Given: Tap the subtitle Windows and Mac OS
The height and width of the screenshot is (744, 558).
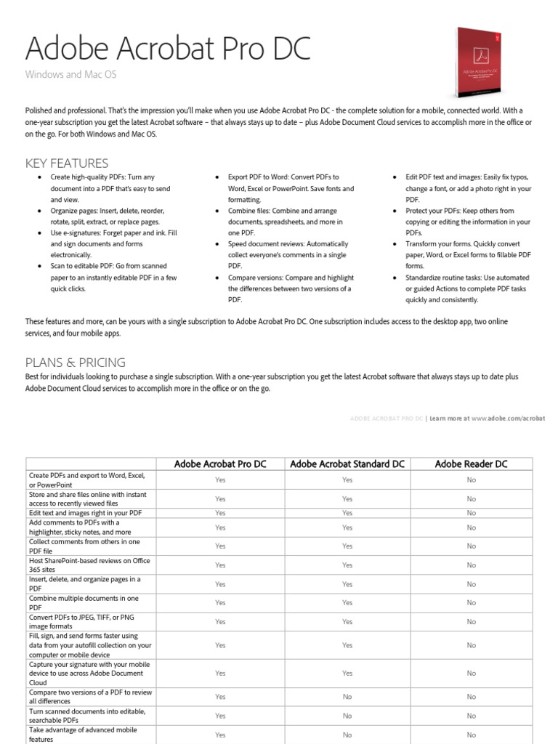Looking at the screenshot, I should pyautogui.click(x=70, y=75).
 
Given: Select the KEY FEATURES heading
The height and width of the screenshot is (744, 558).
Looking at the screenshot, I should pyautogui.click(x=67, y=163).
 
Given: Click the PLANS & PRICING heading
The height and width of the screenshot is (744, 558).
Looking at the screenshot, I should pyautogui.click(x=76, y=362).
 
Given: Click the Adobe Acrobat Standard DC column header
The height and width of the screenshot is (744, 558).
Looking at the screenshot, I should pyautogui.click(x=347, y=464).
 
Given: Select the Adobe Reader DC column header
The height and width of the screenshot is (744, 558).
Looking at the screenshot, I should pyautogui.click(x=471, y=464).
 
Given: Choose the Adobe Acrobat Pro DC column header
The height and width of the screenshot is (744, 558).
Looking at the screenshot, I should pyautogui.click(x=220, y=464).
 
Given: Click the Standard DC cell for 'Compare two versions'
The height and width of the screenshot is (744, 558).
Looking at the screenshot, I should pyautogui.click(x=347, y=697).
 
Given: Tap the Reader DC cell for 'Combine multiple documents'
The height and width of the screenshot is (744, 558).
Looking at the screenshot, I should pyautogui.click(x=471, y=603).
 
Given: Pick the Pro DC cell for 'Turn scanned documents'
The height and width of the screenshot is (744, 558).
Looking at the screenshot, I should pyautogui.click(x=220, y=716).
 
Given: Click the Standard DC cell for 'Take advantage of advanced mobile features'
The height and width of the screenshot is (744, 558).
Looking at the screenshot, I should pyautogui.click(x=347, y=735).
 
